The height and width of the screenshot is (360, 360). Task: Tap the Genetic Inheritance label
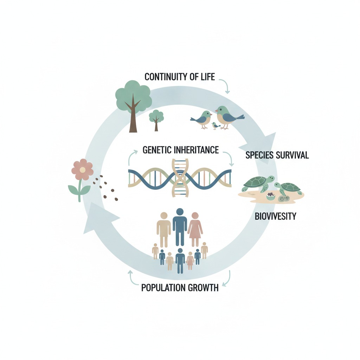181,150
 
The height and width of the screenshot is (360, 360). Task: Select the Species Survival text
277,155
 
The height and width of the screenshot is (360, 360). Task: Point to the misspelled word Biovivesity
275,216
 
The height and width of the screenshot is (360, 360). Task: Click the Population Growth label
180,288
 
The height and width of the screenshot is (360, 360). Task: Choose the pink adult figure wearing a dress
195,228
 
